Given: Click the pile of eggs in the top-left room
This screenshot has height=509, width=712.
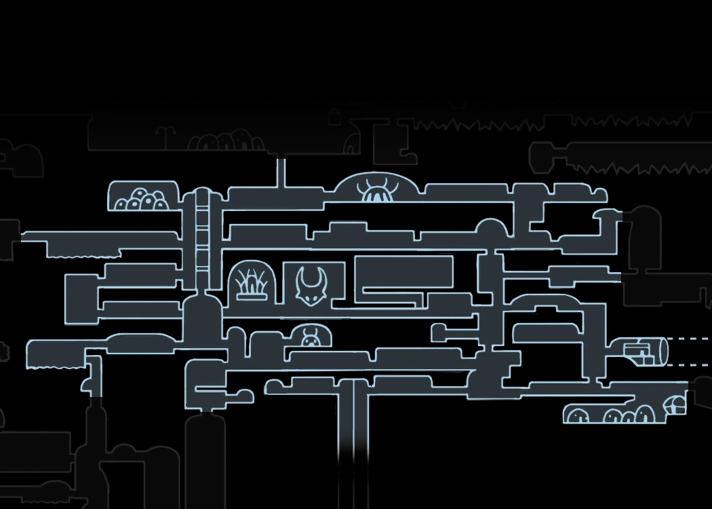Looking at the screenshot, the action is coord(140,200).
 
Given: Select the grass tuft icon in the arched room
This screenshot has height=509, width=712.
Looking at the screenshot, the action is coord(252,284).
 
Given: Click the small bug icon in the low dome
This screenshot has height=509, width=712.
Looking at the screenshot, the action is coord(311,337).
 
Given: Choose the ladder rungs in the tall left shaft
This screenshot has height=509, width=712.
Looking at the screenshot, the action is coord(202,234).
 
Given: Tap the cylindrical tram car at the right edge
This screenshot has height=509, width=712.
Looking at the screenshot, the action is coord(645,351).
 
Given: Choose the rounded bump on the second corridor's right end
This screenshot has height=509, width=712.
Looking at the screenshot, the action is coord(492,228).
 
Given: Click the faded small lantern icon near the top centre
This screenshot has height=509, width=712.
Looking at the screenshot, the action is coord(334,117).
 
